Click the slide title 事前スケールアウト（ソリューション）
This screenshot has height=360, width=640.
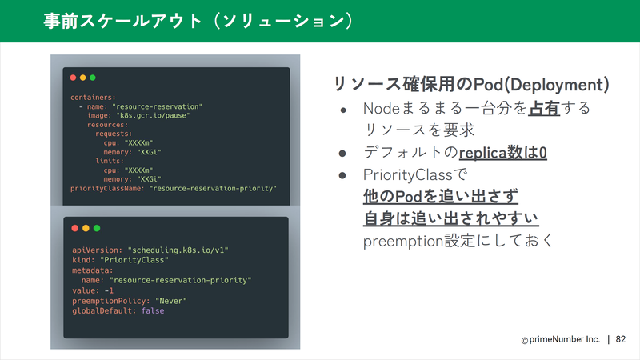pos(198,21)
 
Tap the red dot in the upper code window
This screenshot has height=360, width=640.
pos(73,78)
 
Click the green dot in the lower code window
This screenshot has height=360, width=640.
pos(97,228)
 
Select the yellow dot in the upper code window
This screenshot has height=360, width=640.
pos(83,78)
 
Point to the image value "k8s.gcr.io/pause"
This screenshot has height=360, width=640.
pos(153,115)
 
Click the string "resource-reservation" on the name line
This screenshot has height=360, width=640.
pos(157,106)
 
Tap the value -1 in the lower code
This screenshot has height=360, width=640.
pos(109,290)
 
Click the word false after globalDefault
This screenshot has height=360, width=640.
pos(153,310)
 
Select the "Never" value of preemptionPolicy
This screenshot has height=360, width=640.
pos(171,301)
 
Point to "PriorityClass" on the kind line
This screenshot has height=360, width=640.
pos(134,260)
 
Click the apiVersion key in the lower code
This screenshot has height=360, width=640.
pos(97,250)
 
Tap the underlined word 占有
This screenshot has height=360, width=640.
pos(544,108)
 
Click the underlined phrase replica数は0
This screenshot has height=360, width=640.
pos(503,153)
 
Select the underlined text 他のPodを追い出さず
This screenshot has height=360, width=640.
pos(441,196)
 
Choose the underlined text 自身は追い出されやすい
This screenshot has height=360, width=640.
pos(451,218)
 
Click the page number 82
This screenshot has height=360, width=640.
pos(621,339)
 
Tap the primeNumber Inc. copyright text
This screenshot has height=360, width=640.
pos(561,339)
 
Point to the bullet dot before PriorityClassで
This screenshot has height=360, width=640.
pos(342,175)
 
